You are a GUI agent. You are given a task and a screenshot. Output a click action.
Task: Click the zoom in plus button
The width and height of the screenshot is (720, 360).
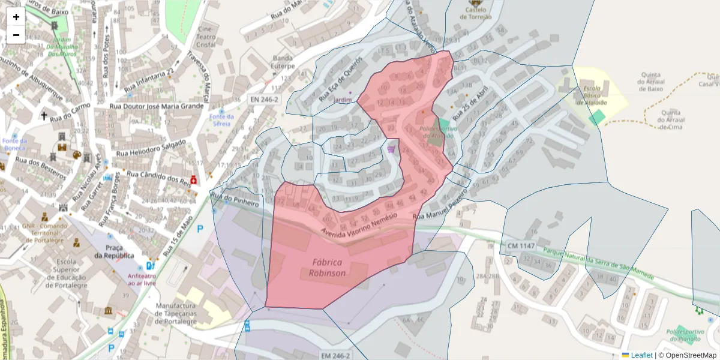point(16,17)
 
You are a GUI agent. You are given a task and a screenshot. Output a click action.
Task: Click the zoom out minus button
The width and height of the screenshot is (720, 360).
point(16,35)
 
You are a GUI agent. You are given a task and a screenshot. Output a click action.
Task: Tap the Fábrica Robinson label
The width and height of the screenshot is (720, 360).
point(327,268)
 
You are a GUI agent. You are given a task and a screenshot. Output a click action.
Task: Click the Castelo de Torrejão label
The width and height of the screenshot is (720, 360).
point(475,13)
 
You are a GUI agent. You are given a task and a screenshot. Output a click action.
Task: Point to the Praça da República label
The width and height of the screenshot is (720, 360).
point(114,251)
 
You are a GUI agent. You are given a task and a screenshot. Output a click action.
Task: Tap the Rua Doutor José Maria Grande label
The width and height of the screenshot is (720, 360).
point(157,106)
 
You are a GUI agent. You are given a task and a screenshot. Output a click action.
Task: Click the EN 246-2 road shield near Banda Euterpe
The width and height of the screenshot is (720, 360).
point(263,99)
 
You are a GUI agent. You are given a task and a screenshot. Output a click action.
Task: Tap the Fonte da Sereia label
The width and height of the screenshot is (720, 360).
point(222,120)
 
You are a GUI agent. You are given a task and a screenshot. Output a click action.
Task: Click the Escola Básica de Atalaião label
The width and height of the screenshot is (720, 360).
point(592,95)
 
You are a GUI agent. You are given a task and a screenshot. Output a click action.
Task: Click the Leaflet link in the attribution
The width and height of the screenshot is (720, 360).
point(641,355)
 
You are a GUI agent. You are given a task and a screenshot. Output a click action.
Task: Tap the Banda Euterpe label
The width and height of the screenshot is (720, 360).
point(283,62)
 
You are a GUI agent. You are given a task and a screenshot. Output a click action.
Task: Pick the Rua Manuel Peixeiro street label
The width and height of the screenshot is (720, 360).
point(440,206)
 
